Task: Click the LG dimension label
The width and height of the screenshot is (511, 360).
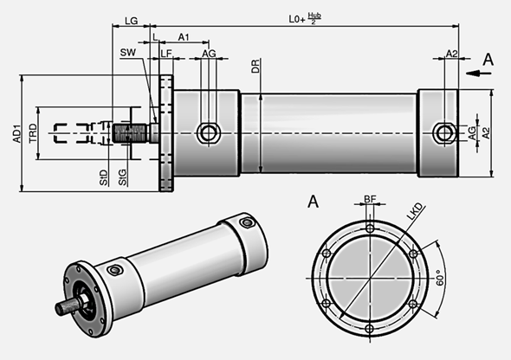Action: click(131, 19)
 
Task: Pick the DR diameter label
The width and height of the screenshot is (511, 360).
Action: click(257, 67)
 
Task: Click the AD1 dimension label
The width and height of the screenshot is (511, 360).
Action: click(16, 132)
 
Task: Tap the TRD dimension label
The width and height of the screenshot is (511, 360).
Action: click(33, 132)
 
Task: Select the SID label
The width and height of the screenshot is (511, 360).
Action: click(103, 180)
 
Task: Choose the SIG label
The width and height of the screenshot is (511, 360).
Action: click(122, 180)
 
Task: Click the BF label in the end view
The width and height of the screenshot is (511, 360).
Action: click(370, 199)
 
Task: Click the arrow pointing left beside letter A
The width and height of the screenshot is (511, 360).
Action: click(471, 74)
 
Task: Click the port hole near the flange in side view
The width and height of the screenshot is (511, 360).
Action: click(208, 132)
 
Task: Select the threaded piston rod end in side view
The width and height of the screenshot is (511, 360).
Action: click(131, 132)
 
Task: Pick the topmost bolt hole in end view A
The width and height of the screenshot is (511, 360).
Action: click(370, 228)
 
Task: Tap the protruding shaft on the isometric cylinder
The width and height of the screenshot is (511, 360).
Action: click(66, 306)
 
